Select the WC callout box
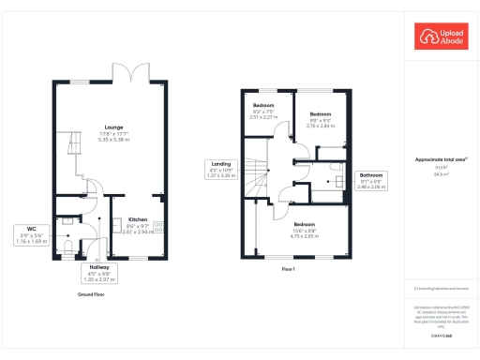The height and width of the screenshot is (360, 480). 31,234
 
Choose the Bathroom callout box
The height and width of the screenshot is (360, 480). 372,181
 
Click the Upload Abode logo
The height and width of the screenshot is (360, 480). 438,37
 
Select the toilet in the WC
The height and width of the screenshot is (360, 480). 69,246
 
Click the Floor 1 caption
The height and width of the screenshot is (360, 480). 289,269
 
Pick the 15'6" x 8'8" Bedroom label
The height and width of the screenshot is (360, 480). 305,230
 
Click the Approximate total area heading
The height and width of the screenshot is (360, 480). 441,160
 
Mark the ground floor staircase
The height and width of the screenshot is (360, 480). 71,150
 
